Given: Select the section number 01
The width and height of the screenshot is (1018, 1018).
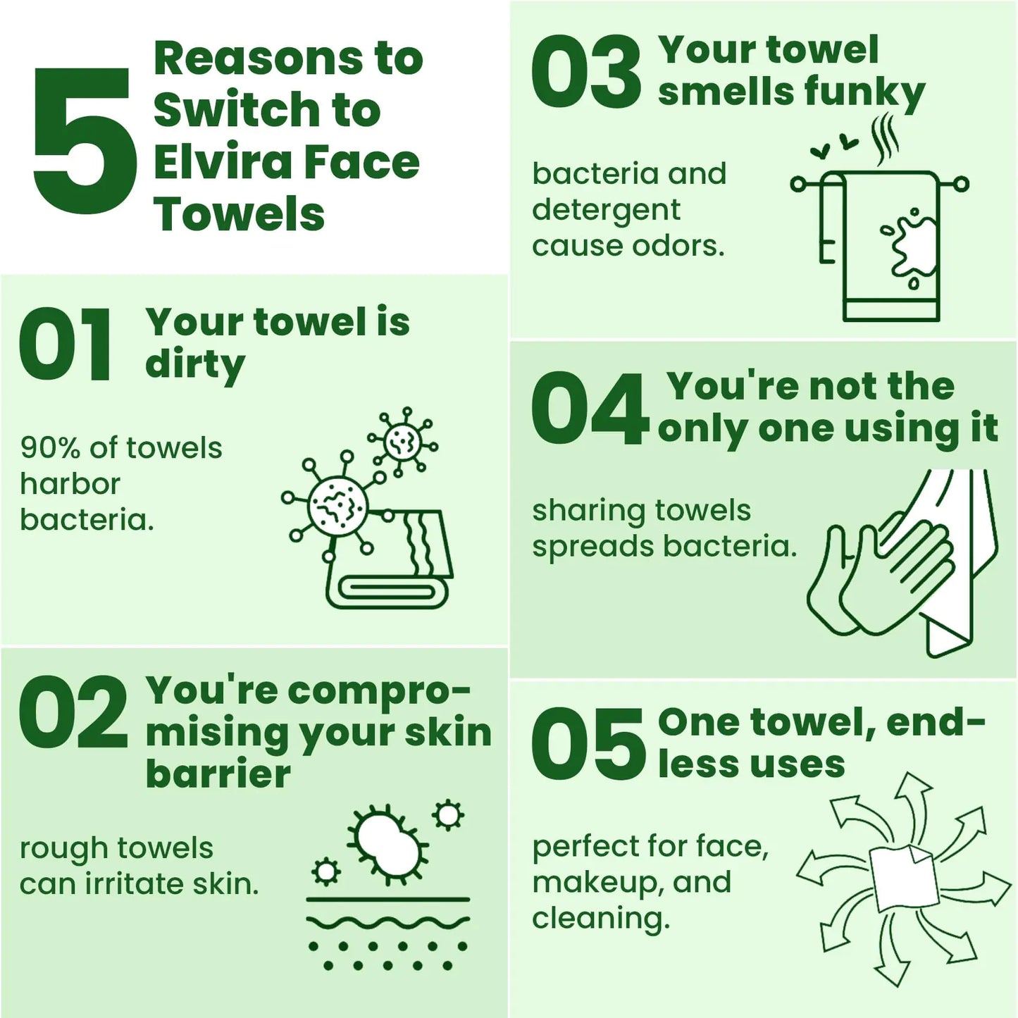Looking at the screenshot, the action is (x=66, y=344).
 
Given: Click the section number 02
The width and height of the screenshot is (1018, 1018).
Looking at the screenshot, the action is (x=73, y=712).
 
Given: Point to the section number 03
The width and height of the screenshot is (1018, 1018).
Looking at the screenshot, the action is (x=586, y=71).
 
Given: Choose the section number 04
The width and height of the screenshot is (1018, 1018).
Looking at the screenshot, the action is (x=590, y=408).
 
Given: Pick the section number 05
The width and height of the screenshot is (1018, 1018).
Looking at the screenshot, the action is (x=588, y=745).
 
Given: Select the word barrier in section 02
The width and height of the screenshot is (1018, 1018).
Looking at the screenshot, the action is (x=218, y=775).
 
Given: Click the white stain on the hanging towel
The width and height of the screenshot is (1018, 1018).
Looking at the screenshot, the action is (x=912, y=247).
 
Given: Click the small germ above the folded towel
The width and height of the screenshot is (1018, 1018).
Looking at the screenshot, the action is (x=403, y=442).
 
